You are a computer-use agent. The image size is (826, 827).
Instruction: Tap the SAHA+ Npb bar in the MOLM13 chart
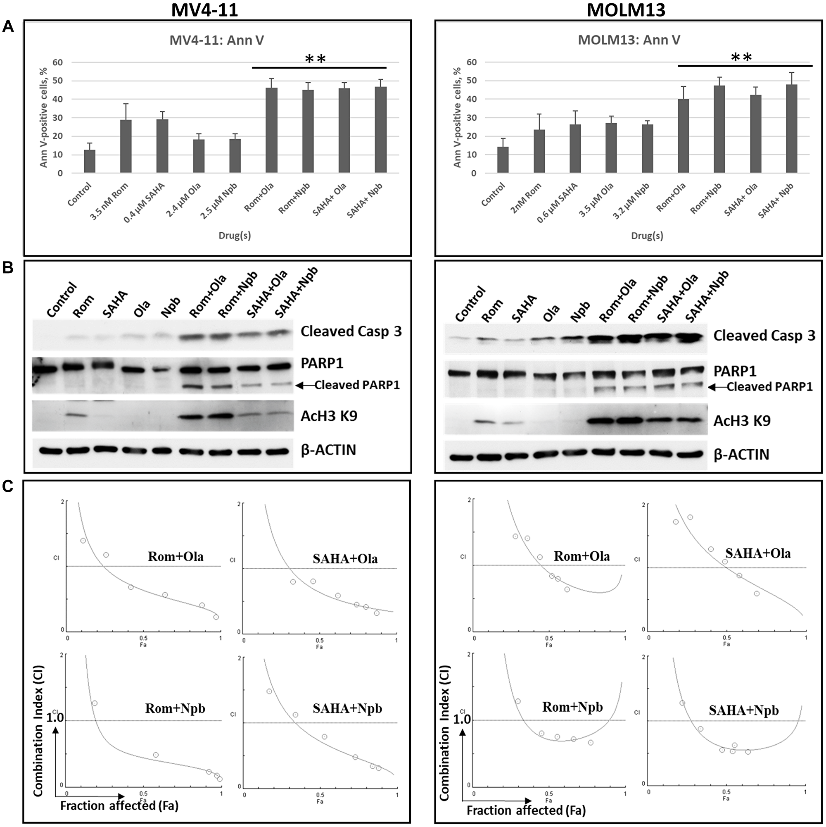click(x=791, y=129)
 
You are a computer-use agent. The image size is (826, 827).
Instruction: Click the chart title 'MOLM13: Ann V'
click(x=629, y=40)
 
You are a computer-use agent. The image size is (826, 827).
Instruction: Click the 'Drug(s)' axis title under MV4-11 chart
click(x=235, y=236)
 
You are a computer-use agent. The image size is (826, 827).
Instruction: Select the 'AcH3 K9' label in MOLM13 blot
click(x=742, y=421)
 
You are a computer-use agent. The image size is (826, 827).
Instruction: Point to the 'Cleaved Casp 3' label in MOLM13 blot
click(x=764, y=336)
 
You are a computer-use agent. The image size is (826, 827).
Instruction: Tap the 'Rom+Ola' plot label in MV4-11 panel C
click(x=176, y=556)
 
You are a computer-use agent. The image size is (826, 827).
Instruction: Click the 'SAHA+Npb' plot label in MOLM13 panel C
click(x=743, y=710)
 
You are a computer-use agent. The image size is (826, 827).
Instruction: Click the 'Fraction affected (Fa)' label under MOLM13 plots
click(x=526, y=810)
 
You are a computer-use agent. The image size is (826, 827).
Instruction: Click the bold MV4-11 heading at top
click(x=204, y=10)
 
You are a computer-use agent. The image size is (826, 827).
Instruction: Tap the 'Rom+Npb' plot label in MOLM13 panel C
click(x=572, y=707)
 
